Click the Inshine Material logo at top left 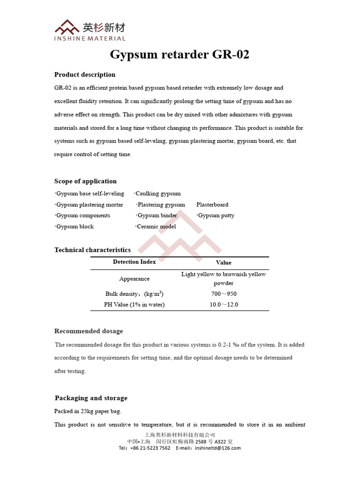[90, 30]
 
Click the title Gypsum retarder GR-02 [180, 55]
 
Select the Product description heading [85, 75]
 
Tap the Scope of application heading [85, 181]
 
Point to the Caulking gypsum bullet [157, 194]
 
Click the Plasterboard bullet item [212, 205]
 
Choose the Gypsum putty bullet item [216, 216]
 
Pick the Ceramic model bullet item [156, 227]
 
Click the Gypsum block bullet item [75, 227]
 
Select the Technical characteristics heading [92, 250]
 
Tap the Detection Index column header [134, 262]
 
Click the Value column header [224, 262]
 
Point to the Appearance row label [134, 279]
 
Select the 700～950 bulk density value [224, 294]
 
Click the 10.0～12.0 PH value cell [224, 305]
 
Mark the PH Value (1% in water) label [134, 305]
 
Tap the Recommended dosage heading [89, 331]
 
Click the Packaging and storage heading [91, 398]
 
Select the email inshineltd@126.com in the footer [215, 448]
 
